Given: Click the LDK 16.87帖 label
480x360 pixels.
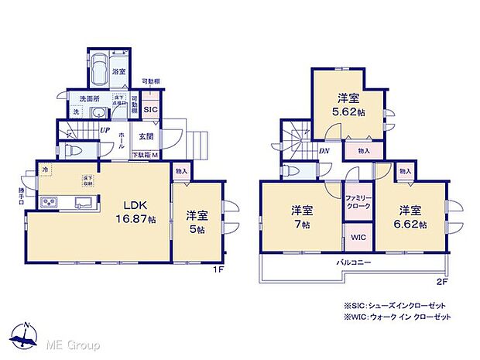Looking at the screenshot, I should click(x=139, y=212).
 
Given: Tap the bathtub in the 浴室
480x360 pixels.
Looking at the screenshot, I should click(x=99, y=72).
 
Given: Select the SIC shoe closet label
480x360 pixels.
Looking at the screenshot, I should click(x=150, y=110).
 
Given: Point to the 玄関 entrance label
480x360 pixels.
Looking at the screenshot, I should click(x=146, y=137).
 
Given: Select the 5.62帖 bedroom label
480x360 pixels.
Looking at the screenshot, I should click(x=348, y=105).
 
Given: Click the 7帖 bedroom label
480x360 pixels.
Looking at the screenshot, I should click(x=301, y=216).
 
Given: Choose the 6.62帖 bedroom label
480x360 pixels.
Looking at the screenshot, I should click(x=410, y=216).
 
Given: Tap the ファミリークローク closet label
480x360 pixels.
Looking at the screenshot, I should click(x=358, y=203).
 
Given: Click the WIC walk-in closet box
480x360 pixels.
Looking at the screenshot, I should click(x=358, y=236).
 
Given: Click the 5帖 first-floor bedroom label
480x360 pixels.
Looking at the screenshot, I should click(x=196, y=221).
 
